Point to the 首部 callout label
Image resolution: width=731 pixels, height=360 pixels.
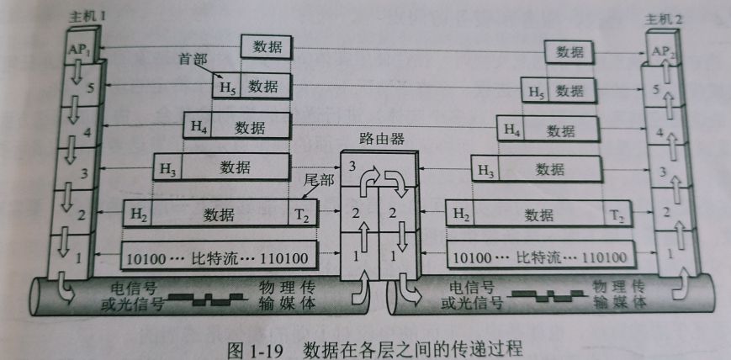coord(192,59)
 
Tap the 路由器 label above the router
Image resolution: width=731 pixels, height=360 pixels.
coord(377,138)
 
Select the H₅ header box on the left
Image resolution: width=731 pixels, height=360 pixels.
coord(227,86)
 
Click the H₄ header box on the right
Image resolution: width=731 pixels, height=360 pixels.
coord(511,130)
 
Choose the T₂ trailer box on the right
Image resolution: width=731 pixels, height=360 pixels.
coord(617,215)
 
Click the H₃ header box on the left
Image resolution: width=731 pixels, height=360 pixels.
coord(167,168)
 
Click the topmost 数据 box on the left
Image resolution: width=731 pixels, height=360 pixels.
coord(266,48)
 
